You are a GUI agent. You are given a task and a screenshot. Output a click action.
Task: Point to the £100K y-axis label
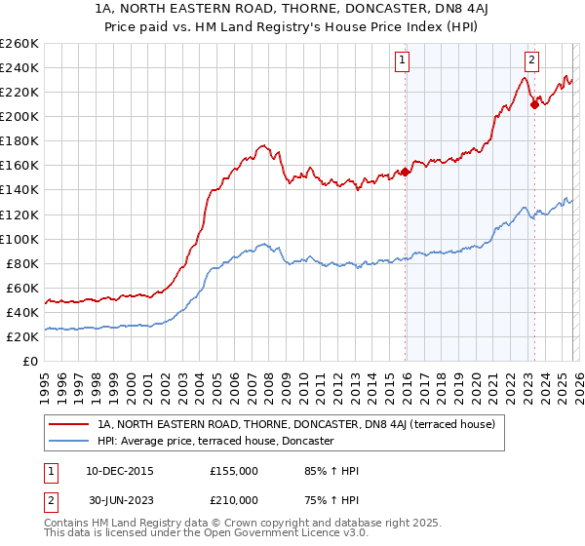19,239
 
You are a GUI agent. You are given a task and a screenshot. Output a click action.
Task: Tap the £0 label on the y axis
30,362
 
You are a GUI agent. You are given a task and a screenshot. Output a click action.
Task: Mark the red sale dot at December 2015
406,172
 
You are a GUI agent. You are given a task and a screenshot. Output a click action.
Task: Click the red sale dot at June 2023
534,104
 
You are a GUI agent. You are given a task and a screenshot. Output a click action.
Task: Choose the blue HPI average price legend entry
215,441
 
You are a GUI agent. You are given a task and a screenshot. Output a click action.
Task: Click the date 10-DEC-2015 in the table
120,471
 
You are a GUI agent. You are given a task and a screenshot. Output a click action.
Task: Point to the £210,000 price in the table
233,499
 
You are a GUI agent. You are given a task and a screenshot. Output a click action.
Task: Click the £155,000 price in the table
233,471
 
